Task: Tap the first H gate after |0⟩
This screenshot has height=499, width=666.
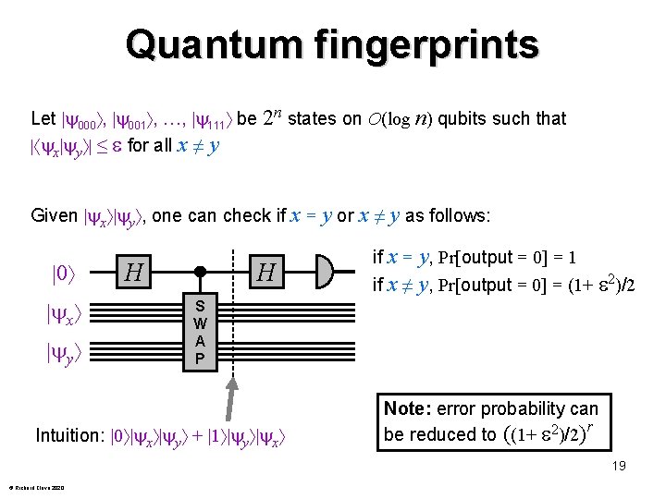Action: pyautogui.click(x=134, y=273)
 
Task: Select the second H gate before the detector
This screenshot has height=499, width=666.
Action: pyautogui.click(x=267, y=273)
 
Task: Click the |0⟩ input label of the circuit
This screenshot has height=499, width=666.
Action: pyautogui.click(x=63, y=274)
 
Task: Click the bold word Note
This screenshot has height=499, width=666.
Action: pyautogui.click(x=402, y=408)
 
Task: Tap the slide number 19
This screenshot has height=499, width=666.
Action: pyautogui.click(x=618, y=466)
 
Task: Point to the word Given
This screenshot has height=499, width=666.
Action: pyautogui.click(x=54, y=215)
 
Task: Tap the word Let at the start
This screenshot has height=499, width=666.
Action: pyautogui.click(x=43, y=118)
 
